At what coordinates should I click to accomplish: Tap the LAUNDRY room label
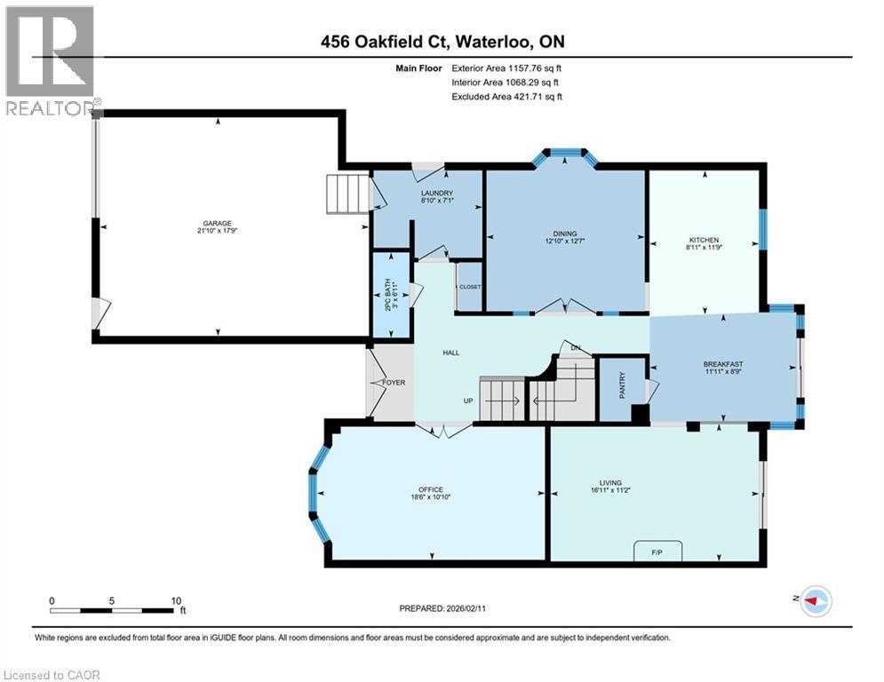[436, 194]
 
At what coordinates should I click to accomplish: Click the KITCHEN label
[704, 240]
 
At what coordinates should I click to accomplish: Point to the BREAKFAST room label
[722, 364]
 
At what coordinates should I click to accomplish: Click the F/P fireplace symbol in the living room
[657, 553]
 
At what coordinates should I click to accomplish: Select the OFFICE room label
[431, 489]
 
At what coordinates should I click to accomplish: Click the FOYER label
[394, 383]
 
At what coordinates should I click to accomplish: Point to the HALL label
[450, 353]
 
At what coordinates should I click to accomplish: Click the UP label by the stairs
[468, 400]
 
